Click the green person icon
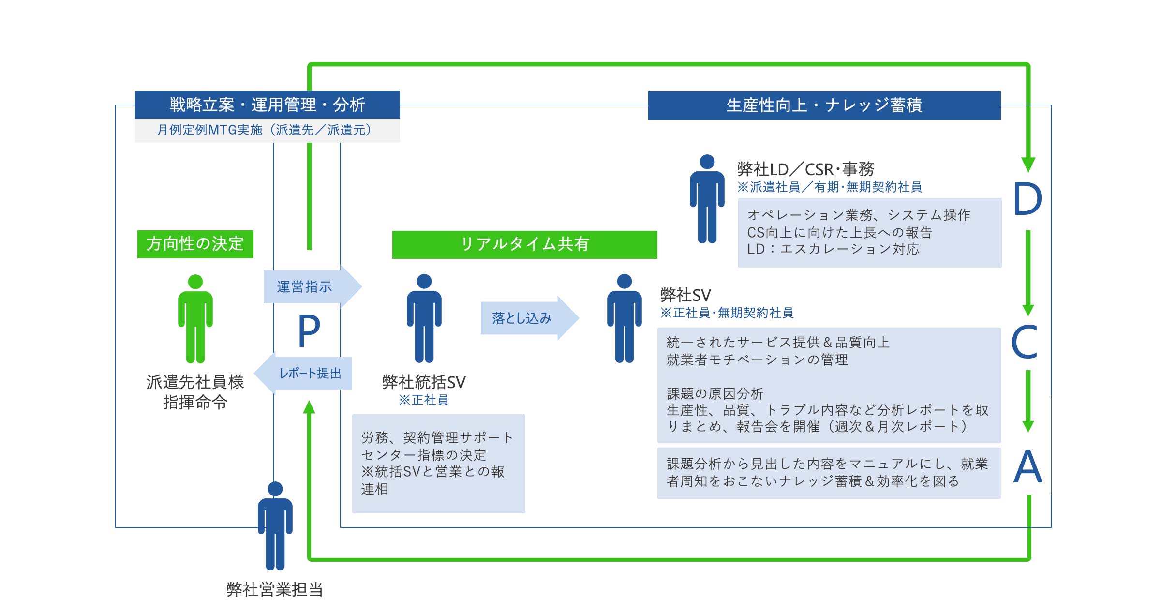195,318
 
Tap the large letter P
309,331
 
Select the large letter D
1027,199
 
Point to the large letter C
1025,341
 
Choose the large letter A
1027,466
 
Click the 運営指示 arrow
313,286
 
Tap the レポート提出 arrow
303,373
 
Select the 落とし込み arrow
530,318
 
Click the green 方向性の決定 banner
195,244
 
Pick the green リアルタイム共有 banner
525,244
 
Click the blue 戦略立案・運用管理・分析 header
268,105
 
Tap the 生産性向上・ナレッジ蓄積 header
824,105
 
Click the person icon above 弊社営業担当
275,525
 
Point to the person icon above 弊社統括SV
424,318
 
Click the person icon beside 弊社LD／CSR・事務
707,198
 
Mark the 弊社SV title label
685,295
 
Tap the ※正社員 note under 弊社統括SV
424,400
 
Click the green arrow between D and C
1028,273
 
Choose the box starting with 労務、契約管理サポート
439,464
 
